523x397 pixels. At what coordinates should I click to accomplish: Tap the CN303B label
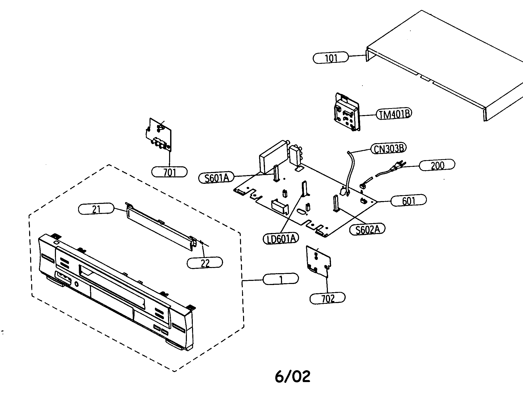(388, 149)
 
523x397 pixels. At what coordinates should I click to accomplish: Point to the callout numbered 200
(437, 165)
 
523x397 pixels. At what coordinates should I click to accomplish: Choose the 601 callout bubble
(408, 201)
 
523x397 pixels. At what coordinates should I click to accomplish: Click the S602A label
(367, 229)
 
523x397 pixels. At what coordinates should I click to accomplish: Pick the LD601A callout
(281, 238)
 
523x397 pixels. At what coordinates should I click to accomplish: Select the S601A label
(217, 178)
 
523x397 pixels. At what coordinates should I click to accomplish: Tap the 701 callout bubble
(170, 172)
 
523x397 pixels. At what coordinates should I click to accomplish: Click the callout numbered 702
(327, 298)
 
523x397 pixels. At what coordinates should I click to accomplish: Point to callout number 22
(205, 263)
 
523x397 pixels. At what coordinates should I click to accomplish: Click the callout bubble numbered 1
(281, 279)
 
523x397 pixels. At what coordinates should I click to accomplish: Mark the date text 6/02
(292, 377)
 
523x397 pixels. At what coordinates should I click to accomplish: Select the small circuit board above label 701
(159, 135)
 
